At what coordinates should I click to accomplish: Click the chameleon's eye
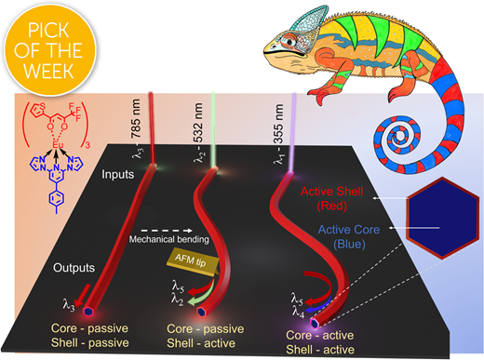point(290,41)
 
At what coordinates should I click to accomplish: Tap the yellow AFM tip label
point(193,261)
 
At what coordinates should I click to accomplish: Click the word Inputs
point(118,175)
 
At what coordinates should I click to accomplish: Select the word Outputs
point(74,268)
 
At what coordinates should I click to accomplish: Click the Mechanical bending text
point(169,239)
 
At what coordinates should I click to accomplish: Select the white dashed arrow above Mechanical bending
point(167,231)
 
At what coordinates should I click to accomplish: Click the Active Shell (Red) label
point(331,198)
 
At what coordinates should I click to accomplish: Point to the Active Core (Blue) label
point(349,236)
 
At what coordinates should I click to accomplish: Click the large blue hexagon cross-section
point(442,219)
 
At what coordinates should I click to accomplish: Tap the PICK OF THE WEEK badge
point(49,49)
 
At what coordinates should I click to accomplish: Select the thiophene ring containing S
point(37,110)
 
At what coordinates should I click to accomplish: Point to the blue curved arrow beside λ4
point(318,306)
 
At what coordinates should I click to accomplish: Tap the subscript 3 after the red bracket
point(87,145)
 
